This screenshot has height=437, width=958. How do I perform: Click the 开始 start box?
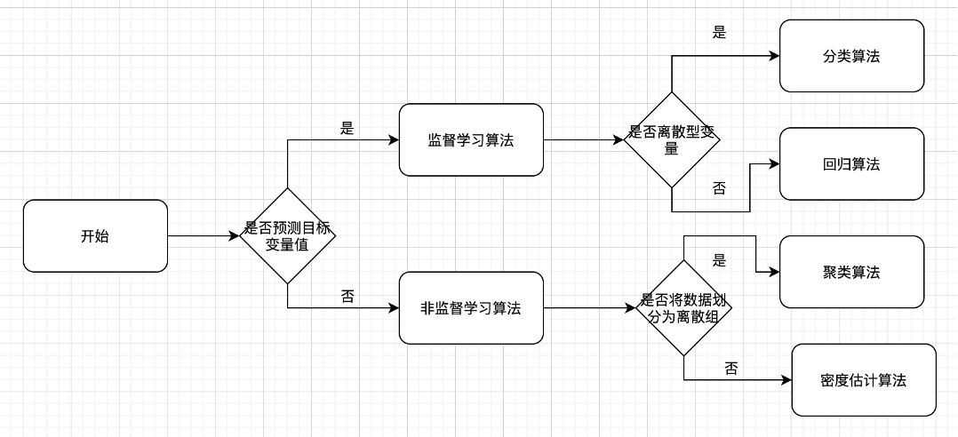click(x=95, y=235)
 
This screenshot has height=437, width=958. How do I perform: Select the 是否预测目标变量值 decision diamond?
click(x=287, y=235)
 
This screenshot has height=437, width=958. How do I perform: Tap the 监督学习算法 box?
click(x=471, y=139)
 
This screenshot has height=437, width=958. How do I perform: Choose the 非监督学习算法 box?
click(x=471, y=308)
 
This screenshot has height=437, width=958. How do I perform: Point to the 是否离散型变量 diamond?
click(x=672, y=139)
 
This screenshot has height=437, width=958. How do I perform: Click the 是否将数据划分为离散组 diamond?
click(x=683, y=308)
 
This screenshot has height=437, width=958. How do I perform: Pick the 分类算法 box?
click(x=851, y=56)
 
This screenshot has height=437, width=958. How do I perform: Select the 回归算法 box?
click(x=851, y=164)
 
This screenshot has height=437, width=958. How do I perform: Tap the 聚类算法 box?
click(x=851, y=272)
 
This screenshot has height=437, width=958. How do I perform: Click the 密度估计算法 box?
click(x=863, y=380)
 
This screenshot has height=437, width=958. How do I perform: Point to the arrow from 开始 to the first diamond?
click(x=204, y=235)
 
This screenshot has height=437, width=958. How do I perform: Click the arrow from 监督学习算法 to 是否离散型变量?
click(x=582, y=139)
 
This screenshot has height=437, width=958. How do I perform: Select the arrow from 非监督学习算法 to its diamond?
click(x=591, y=308)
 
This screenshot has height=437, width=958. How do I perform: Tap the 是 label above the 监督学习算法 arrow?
click(x=347, y=128)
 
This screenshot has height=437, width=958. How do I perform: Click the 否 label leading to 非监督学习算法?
click(x=347, y=296)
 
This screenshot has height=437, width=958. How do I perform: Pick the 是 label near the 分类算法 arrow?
click(x=720, y=33)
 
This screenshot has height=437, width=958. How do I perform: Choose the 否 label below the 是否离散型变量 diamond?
click(x=719, y=187)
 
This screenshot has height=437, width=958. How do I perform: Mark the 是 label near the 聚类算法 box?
click(x=720, y=260)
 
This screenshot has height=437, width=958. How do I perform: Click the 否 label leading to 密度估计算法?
click(x=731, y=368)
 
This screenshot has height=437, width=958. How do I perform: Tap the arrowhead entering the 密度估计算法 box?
click(x=786, y=380)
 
